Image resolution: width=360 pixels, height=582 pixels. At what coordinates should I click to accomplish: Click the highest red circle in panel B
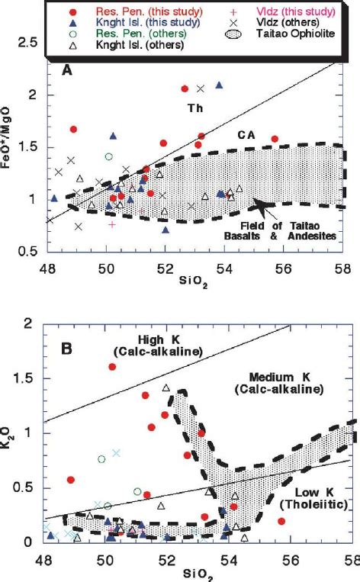click(112, 367)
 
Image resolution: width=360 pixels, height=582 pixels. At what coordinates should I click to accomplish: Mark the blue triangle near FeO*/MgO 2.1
click(219, 85)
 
